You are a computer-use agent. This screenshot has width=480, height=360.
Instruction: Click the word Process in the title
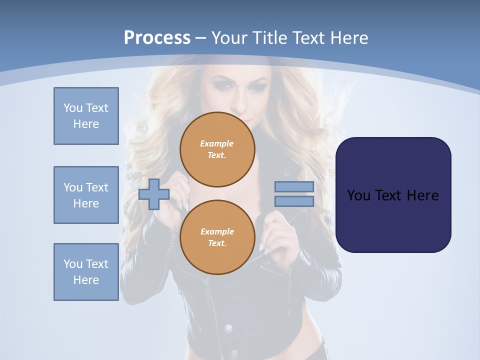[157, 38]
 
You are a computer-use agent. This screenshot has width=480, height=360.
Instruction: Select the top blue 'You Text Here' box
[86, 116]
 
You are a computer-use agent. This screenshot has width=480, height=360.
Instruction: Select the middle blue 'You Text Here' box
[86, 195]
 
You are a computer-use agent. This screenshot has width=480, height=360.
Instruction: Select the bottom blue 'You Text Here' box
[86, 272]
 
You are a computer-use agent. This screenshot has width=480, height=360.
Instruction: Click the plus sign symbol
[153, 194]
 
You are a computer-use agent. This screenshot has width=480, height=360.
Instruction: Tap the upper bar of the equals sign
[294, 186]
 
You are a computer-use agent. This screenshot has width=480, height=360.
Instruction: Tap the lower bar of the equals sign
[294, 201]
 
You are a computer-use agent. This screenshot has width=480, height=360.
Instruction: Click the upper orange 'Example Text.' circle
[217, 149]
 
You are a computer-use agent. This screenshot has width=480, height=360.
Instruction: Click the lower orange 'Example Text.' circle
[217, 237]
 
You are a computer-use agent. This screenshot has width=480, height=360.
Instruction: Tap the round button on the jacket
[228, 328]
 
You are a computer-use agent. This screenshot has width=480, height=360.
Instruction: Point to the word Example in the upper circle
[217, 143]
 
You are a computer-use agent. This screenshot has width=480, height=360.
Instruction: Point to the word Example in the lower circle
[217, 231]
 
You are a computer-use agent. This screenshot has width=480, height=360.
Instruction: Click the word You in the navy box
[358, 195]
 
